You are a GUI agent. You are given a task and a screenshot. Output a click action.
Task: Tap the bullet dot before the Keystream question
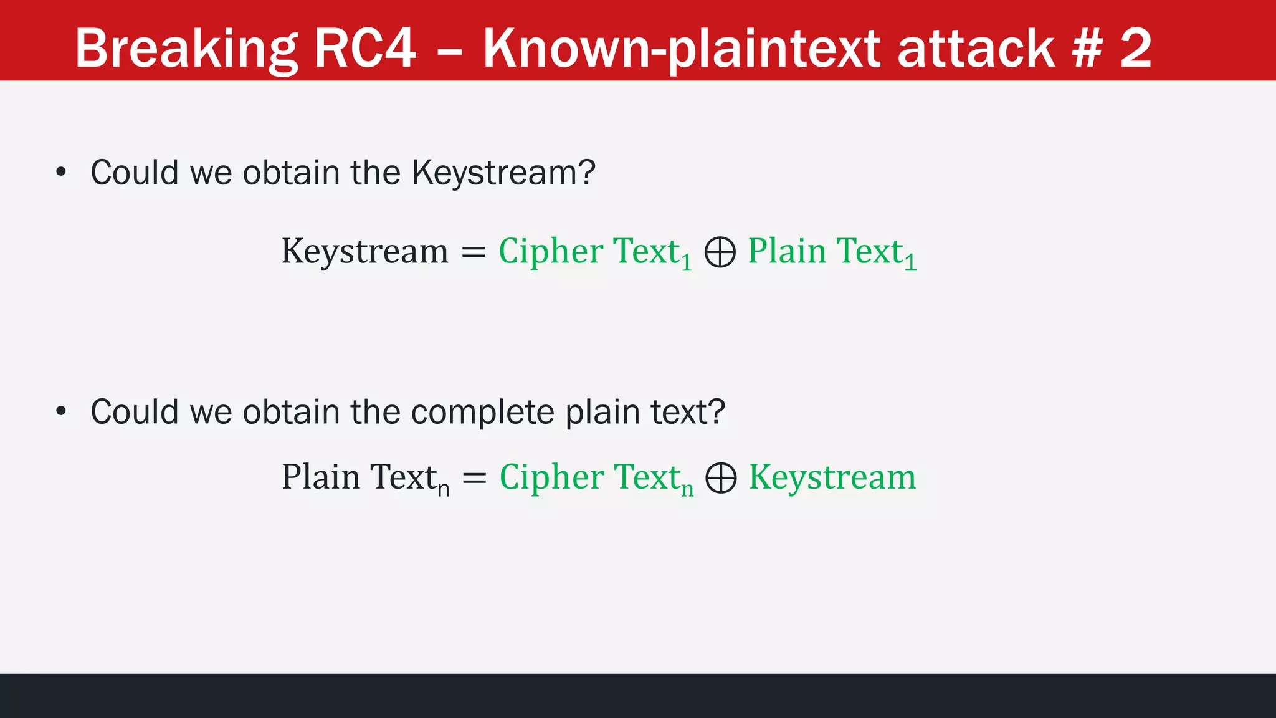[60, 172]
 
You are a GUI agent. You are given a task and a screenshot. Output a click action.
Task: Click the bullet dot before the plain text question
[60, 411]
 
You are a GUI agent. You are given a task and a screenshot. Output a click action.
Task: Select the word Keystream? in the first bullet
[503, 173]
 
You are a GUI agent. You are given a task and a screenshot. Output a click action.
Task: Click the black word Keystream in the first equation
[364, 252]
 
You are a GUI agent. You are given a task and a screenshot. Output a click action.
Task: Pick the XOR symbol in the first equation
[720, 252]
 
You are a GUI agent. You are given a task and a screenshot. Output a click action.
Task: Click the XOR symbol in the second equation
[721, 478]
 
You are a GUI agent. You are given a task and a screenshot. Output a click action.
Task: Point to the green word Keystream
[832, 477]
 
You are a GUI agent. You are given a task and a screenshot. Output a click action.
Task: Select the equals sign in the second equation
[474, 478]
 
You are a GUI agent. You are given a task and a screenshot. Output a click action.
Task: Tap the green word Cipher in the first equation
[551, 252]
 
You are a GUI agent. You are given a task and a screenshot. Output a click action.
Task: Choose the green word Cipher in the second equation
[552, 477]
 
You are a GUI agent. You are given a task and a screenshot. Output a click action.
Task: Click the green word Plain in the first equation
[787, 251]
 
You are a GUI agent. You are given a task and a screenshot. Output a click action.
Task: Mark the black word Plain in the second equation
[321, 477]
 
